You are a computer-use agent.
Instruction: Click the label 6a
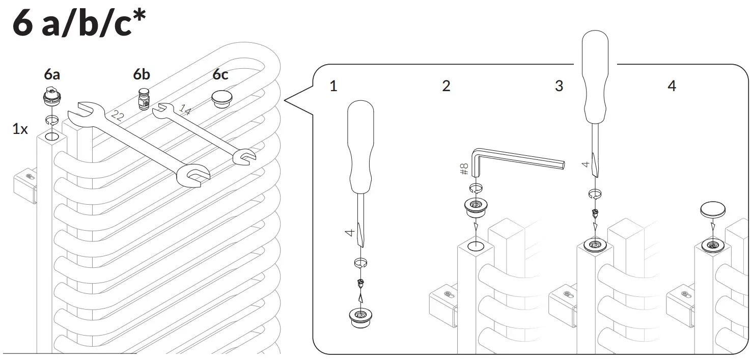click(51, 74)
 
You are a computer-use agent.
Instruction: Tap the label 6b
click(142, 74)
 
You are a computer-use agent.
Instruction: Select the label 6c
click(220, 74)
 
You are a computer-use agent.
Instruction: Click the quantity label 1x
click(20, 129)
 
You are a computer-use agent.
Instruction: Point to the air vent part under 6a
click(51, 95)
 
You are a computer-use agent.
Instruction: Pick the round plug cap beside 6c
click(220, 98)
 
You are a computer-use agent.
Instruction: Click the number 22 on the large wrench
click(117, 116)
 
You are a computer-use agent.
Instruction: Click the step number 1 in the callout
click(333, 86)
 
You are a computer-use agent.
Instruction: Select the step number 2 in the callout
click(446, 86)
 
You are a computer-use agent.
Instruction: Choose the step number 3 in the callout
click(559, 86)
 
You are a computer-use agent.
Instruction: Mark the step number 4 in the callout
click(672, 86)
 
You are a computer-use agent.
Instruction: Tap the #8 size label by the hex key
click(464, 169)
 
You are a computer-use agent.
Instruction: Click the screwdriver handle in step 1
click(360, 148)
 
